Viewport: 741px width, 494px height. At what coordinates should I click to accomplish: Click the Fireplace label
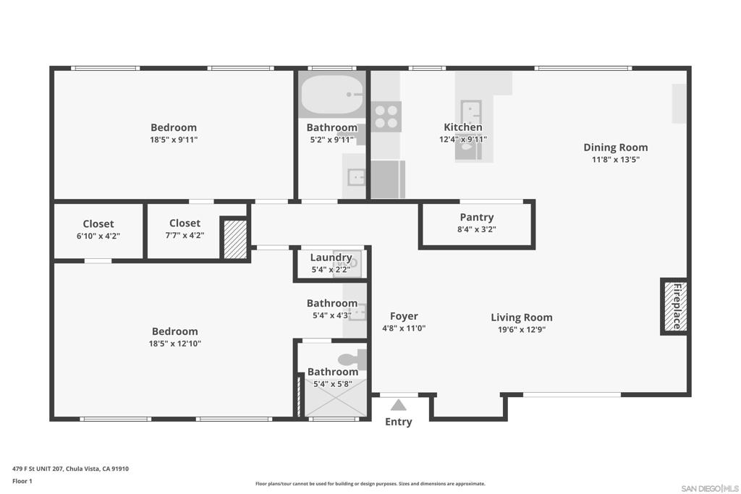[677, 306]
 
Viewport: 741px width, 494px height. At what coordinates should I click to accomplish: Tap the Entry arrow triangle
[399, 405]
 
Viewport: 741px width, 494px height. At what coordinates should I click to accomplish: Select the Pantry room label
[476, 217]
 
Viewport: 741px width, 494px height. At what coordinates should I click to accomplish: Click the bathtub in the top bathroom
[332, 95]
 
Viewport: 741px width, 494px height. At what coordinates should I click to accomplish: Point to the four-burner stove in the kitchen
[386, 116]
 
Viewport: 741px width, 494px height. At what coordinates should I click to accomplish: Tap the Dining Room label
[615, 148]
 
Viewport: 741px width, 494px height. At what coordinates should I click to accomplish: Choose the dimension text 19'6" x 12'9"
[522, 330]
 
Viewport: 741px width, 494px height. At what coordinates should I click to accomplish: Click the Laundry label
[331, 257]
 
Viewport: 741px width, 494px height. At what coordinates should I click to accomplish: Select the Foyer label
[404, 316]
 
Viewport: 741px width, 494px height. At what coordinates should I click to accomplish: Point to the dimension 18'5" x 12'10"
[175, 344]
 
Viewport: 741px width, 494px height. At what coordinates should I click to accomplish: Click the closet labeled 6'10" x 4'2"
[98, 231]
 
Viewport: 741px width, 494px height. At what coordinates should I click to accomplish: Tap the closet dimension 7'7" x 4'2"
[185, 235]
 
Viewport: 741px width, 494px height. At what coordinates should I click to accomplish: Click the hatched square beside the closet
[235, 239]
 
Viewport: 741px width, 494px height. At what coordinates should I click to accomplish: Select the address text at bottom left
[70, 469]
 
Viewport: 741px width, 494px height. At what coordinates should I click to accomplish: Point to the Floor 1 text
[22, 481]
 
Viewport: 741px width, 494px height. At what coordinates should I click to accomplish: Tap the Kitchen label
[463, 127]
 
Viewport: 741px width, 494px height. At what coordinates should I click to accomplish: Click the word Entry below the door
[399, 422]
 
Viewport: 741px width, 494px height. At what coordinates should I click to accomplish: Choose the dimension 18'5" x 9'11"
[174, 140]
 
